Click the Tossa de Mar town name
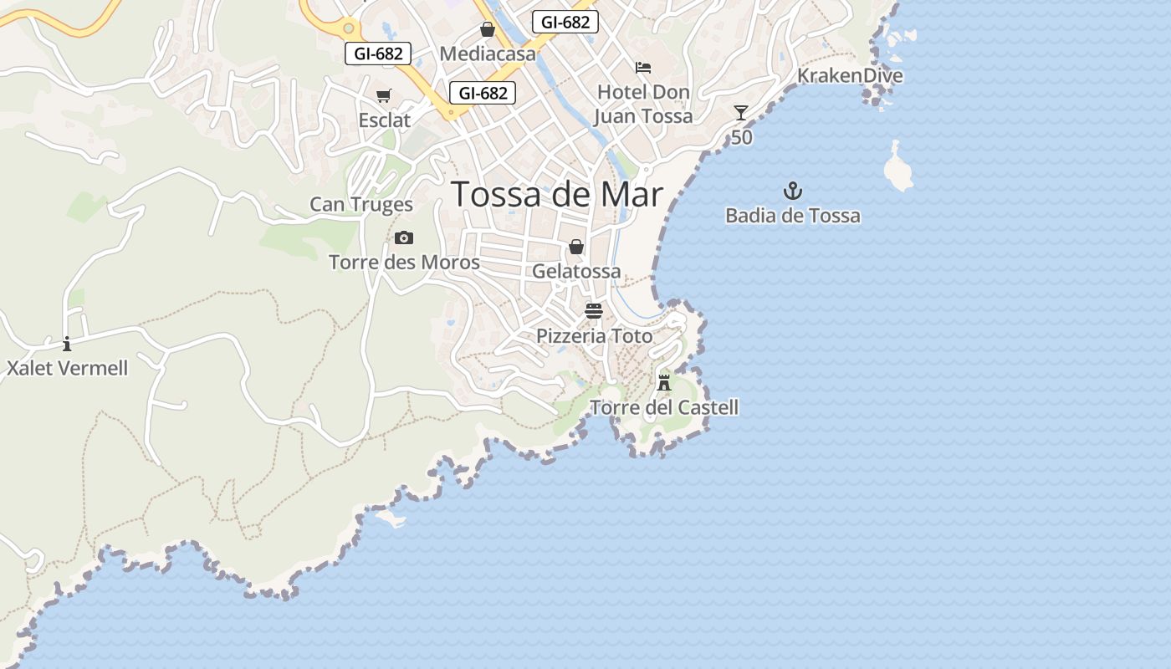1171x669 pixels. point(557,195)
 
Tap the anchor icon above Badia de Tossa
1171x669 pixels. point(792,192)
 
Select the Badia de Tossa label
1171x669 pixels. point(792,216)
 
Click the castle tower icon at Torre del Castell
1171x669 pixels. point(664,383)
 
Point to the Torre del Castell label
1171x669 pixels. point(664,408)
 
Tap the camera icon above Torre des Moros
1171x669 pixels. point(404,238)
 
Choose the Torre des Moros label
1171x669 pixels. point(404,263)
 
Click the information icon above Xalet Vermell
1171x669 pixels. point(67,344)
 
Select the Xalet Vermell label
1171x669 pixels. point(67,368)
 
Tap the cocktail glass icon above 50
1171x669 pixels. point(741,113)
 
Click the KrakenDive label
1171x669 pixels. point(850,76)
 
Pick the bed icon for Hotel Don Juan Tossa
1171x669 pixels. point(643,68)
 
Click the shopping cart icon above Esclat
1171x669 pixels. point(384,96)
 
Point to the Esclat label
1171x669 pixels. point(385,120)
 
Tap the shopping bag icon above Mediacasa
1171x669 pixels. point(488,30)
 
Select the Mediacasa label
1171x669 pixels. point(488,54)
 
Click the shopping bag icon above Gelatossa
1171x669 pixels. point(576,247)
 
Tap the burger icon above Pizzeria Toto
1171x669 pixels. point(594,312)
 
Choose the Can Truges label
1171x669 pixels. point(361,204)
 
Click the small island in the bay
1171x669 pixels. point(897,170)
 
